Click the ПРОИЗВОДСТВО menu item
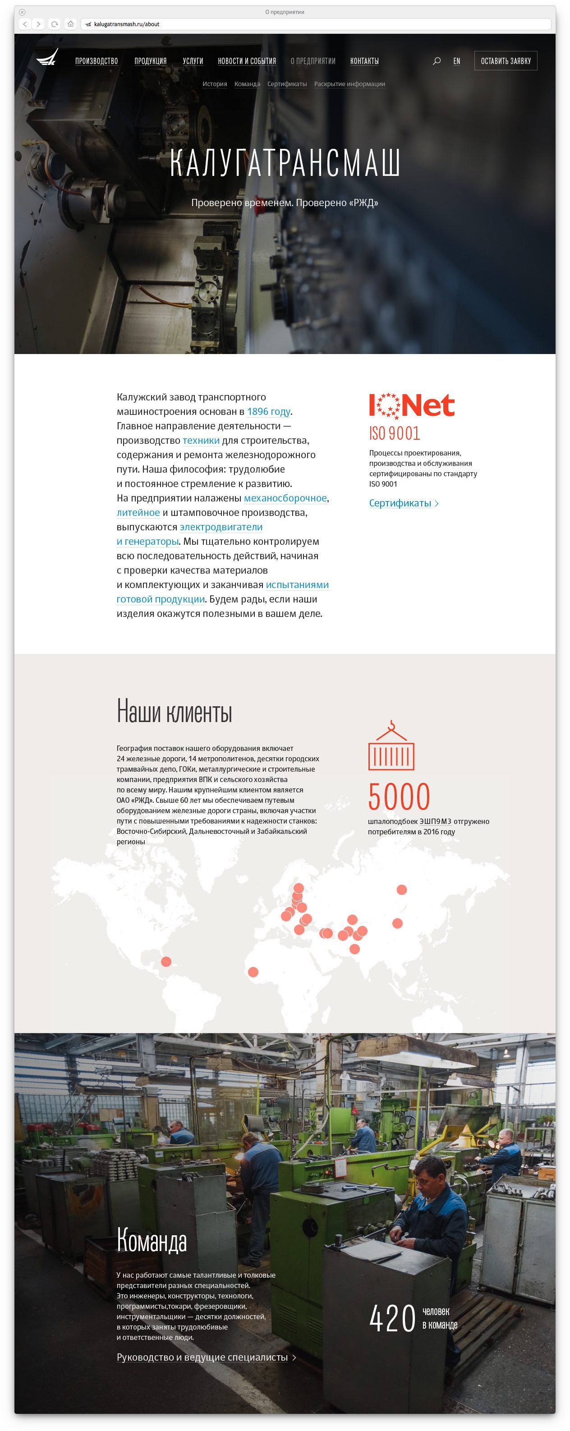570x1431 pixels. pyautogui.click(x=97, y=61)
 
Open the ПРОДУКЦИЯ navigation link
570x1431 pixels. pyautogui.click(x=151, y=61)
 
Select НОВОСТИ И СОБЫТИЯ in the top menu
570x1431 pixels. pyautogui.click(x=247, y=61)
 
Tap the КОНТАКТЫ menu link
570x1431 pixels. pyautogui.click(x=364, y=61)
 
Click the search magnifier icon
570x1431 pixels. pyautogui.click(x=437, y=61)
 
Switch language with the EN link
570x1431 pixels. pyautogui.click(x=457, y=61)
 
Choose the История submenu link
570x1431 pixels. pyautogui.click(x=215, y=84)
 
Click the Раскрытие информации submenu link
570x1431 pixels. pyautogui.click(x=349, y=84)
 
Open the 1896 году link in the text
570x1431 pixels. pyautogui.click(x=268, y=412)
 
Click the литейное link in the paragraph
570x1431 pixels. pyautogui.click(x=138, y=513)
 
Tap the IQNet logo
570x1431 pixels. pyautogui.click(x=412, y=405)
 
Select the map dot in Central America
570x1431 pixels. pyautogui.click(x=165, y=962)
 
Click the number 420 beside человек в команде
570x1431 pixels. pyautogui.click(x=392, y=1319)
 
